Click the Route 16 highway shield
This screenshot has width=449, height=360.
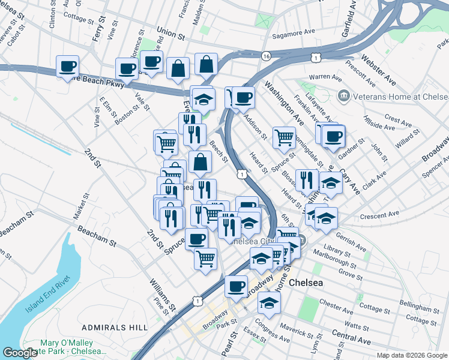(265, 56)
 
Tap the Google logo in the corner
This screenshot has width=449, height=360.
(21, 353)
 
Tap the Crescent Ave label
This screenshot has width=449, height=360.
(379, 214)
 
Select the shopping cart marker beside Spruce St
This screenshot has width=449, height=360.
(284, 136)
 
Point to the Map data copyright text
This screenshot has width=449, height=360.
(411, 355)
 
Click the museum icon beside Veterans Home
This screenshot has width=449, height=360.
(343, 95)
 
